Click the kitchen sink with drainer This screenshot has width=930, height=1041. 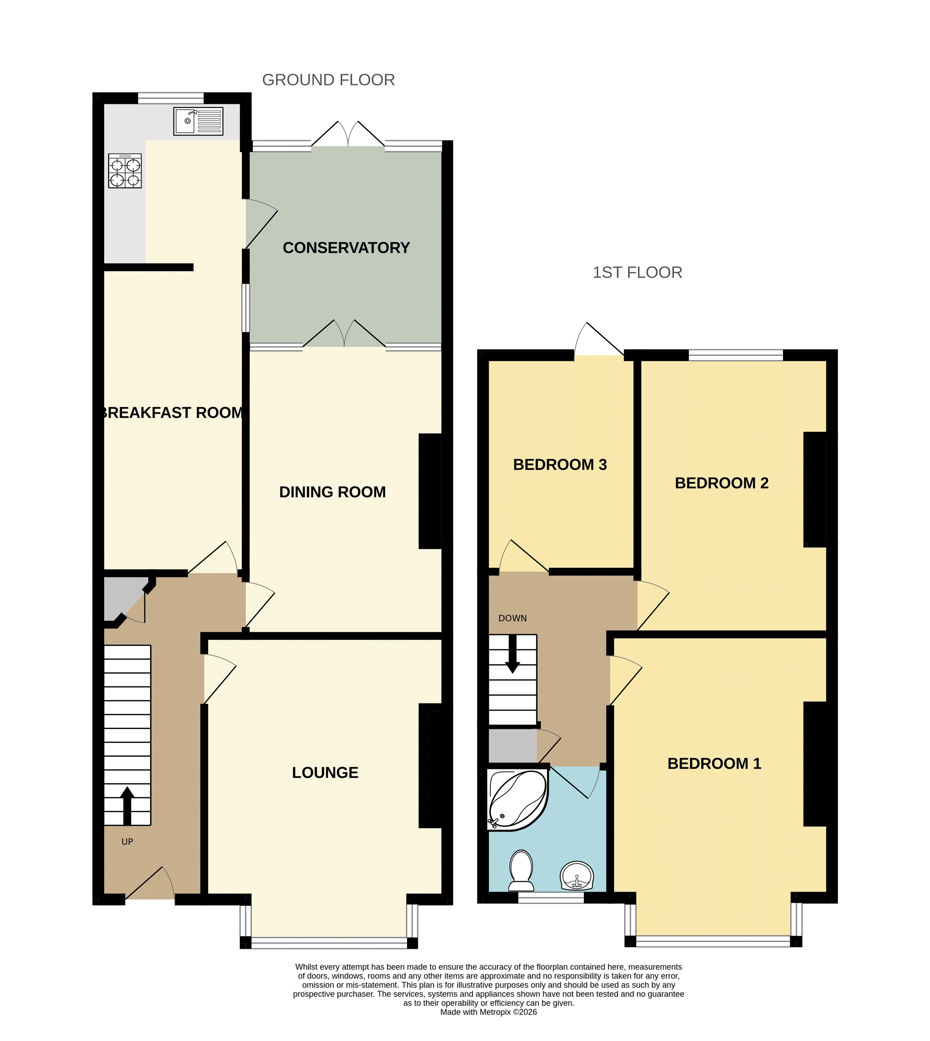point(198,121)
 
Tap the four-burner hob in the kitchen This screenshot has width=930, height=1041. point(125,171)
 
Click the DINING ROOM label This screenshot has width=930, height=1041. point(332,492)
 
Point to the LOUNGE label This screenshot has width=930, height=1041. point(325,772)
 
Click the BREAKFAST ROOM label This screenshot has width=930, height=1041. point(172,413)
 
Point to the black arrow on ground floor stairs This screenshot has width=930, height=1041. point(127,805)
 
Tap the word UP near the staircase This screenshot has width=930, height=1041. point(127,842)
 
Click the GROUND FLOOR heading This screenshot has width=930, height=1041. point(329,80)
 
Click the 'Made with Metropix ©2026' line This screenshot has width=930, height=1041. point(489,1012)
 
